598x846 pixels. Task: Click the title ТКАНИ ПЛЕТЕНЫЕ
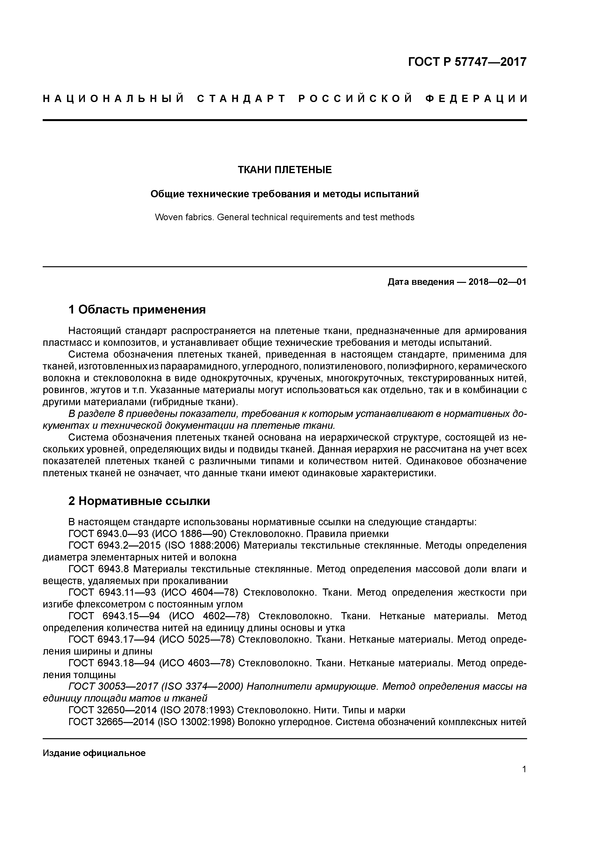click(285, 170)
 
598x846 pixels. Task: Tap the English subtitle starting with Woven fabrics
click(285, 217)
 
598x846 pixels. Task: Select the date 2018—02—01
click(497, 282)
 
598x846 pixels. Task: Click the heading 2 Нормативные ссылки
click(139, 501)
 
